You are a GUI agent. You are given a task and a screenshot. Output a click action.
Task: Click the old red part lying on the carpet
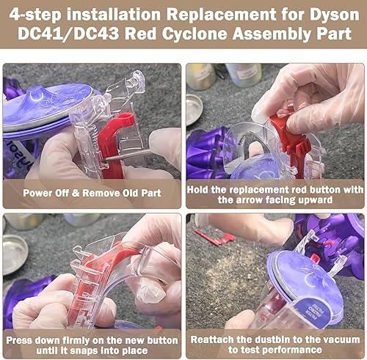tap(218, 238)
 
